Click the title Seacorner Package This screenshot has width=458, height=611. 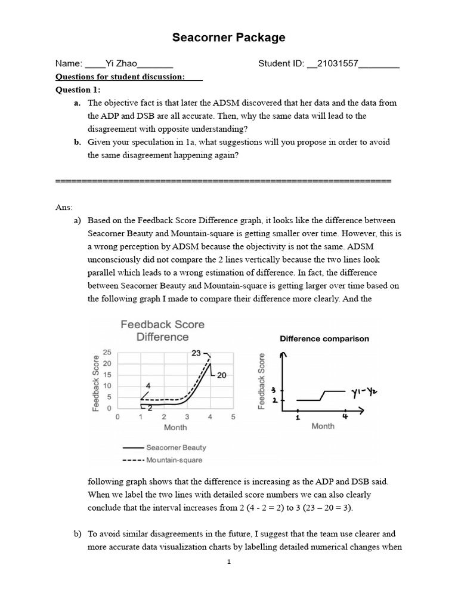pos(228,38)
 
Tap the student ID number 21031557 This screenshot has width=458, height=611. pos(332,64)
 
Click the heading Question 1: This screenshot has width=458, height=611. pos(78,90)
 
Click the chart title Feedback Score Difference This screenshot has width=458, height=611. pos(162,331)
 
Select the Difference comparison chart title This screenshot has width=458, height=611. pos(324,338)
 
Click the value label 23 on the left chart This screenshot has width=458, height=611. pos(196,353)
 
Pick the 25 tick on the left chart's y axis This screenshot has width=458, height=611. pos(107,353)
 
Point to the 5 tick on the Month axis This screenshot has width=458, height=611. pos(233,416)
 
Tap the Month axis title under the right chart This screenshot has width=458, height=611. pos(323,426)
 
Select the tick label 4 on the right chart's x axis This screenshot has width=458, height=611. pos(345,417)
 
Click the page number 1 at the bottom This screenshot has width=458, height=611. pos(229,562)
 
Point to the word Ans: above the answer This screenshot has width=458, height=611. pos(64,207)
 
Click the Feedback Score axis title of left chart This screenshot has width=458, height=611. pos(95,382)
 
